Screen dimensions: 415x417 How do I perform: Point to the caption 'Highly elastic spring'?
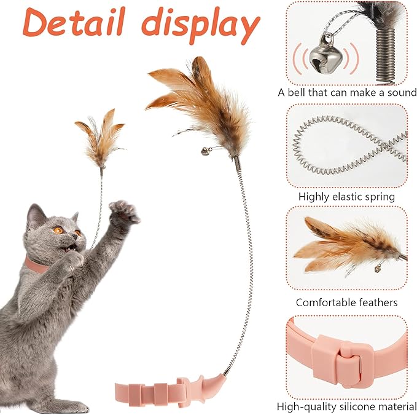346,197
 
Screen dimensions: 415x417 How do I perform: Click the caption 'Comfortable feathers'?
346,302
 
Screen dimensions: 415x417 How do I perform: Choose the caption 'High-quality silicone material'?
346,406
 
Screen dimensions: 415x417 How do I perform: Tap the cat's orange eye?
59,230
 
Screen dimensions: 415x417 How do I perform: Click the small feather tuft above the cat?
99,136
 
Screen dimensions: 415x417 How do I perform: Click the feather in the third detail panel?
344,246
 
